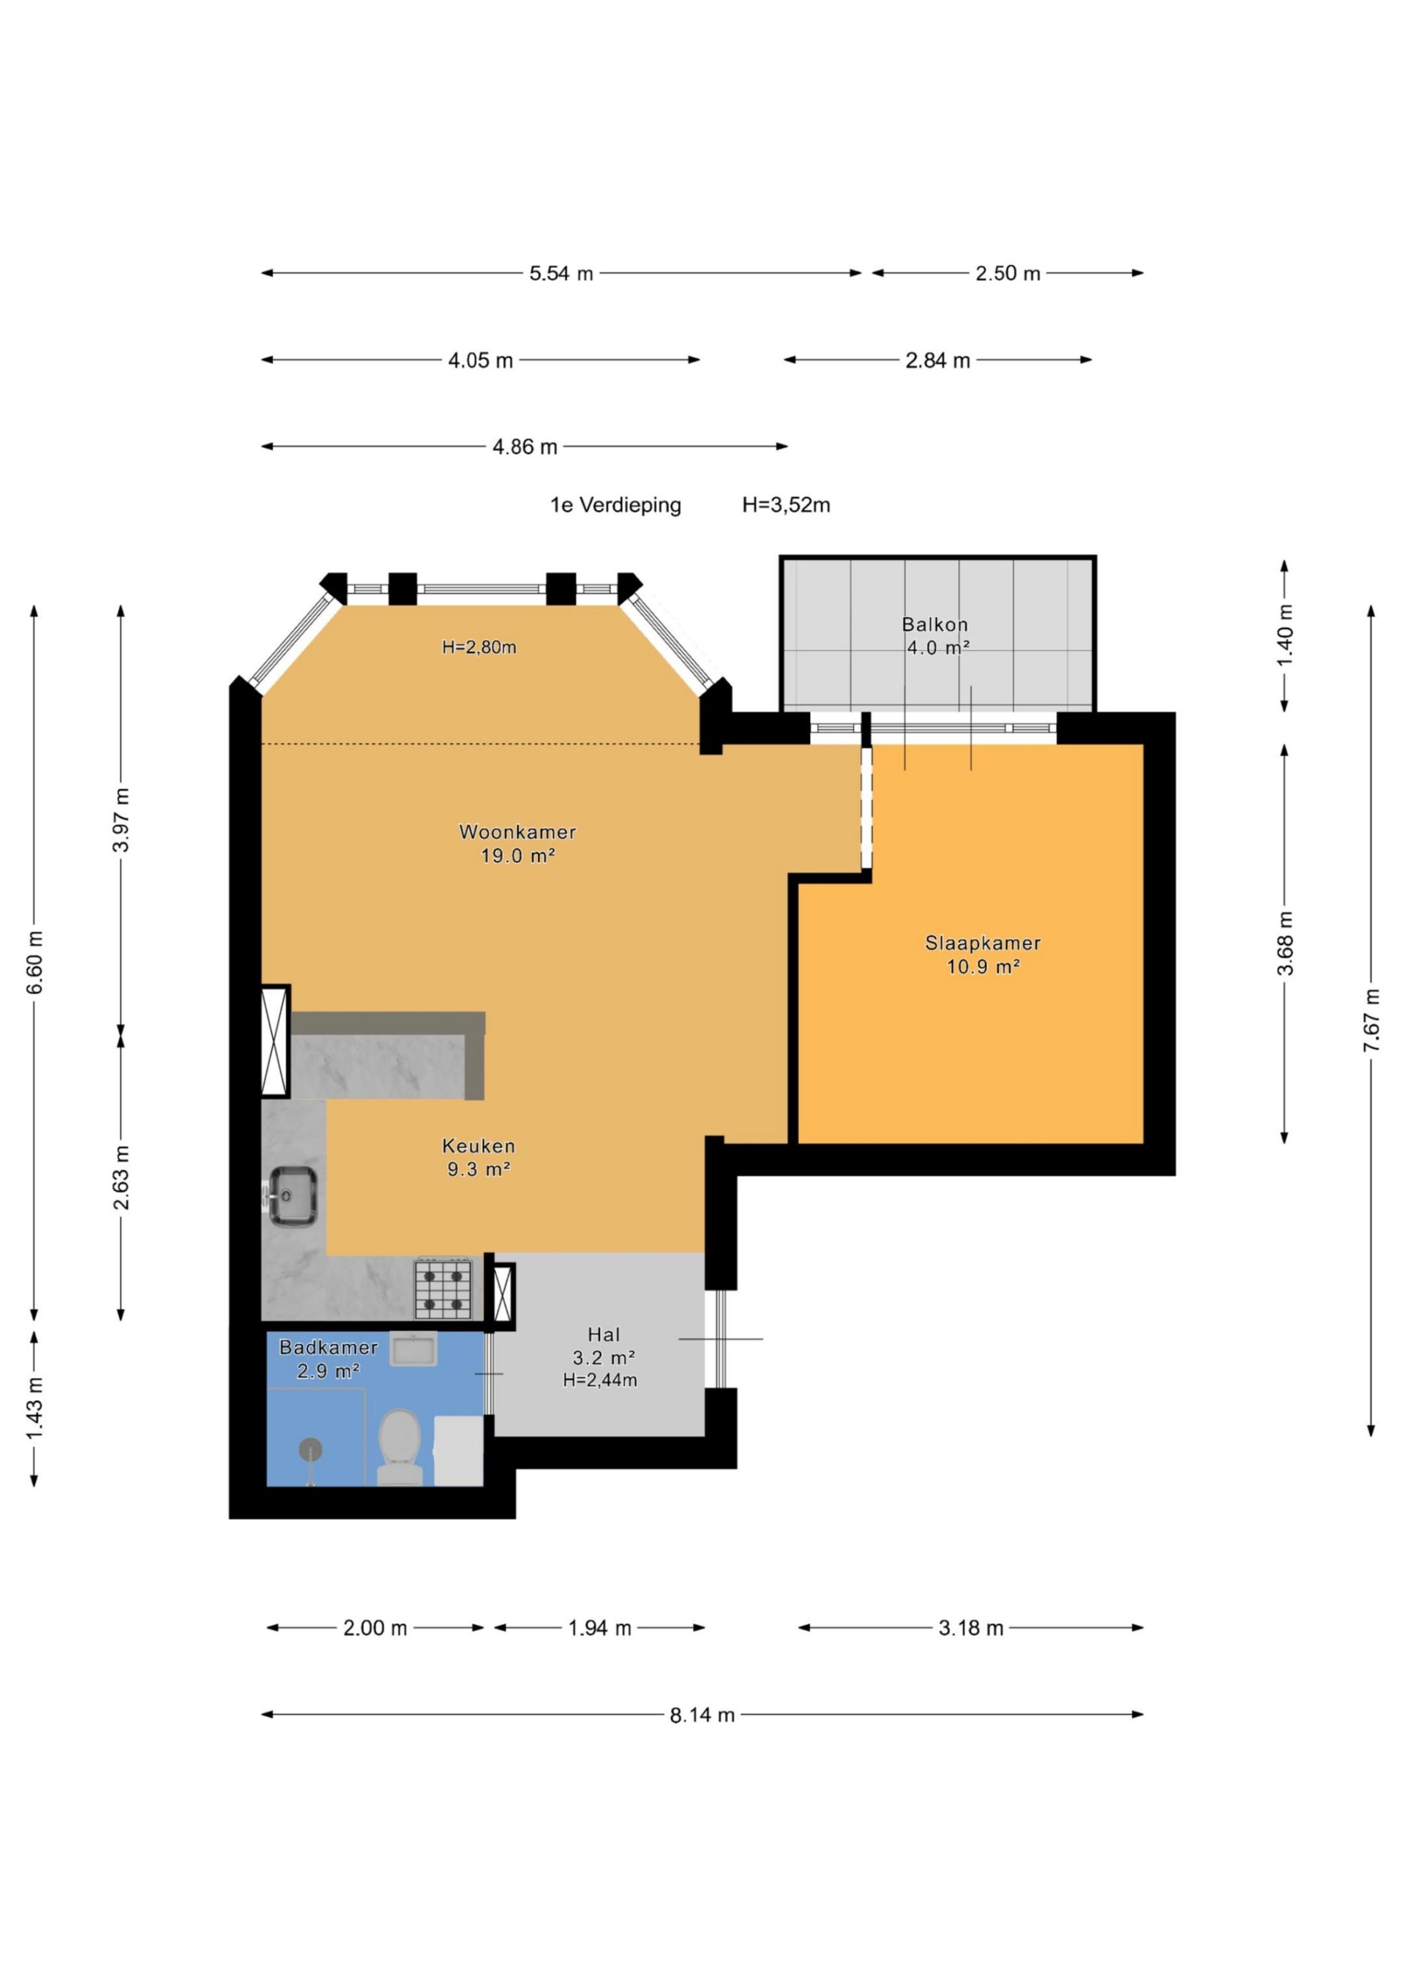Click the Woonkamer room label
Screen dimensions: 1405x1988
517,832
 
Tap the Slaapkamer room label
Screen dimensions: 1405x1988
983,943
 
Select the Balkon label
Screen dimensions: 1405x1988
935,624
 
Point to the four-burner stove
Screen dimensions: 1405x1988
443,1288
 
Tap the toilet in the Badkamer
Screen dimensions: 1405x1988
400,1447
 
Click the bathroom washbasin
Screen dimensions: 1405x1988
413,1348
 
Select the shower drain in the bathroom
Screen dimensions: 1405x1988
311,1449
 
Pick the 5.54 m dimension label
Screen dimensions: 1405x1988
562,274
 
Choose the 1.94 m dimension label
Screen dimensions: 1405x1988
600,1628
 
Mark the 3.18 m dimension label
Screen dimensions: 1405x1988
971,1628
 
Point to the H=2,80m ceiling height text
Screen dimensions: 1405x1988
479,647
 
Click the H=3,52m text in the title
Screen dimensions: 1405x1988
786,505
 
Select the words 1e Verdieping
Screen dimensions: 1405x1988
615,505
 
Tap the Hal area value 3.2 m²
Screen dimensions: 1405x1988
604,1357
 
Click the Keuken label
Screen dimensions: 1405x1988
479,1146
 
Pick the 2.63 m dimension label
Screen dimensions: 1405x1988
121,1178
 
